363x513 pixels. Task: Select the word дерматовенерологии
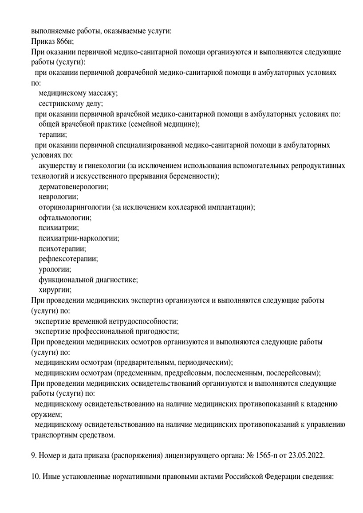73,187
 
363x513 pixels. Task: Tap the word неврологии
58,197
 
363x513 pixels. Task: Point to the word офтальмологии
65,218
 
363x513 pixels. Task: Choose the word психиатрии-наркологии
79,238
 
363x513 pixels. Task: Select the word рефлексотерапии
68,259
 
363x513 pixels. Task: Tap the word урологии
55,269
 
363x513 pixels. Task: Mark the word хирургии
55,290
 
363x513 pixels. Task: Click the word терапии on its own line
53,135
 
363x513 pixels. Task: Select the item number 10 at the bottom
36,476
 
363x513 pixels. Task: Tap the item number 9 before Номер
34,455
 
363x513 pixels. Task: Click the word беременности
193,176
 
